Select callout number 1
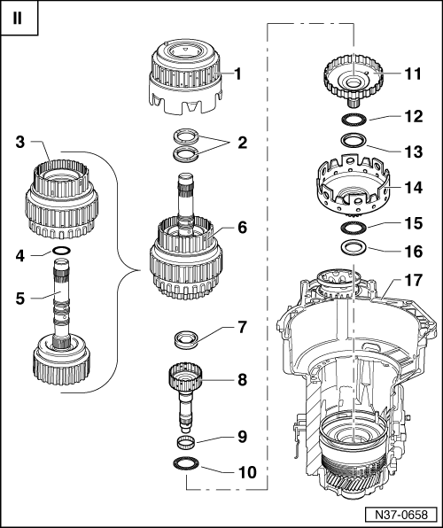tap(237, 74)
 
